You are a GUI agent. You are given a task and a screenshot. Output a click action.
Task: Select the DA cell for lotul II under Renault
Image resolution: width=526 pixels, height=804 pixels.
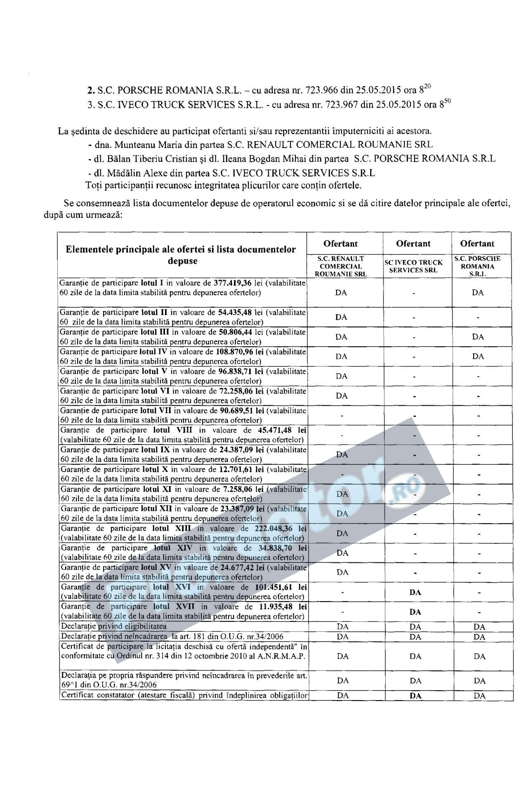pyautogui.click(x=341, y=317)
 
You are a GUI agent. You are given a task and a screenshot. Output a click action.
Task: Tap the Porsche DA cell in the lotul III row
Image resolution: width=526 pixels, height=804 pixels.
pyautogui.click(x=478, y=337)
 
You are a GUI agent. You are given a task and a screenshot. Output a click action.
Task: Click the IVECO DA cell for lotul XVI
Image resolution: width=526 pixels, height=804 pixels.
pyautogui.click(x=415, y=592)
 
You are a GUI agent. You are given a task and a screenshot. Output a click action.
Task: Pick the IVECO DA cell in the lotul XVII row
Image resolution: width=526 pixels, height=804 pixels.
pyautogui.click(x=415, y=612)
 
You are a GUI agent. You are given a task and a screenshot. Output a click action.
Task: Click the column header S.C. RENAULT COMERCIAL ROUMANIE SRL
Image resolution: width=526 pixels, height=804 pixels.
pyautogui.click(x=341, y=266)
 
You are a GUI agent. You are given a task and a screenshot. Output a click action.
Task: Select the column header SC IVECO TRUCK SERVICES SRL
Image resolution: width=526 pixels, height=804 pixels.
pyautogui.click(x=413, y=266)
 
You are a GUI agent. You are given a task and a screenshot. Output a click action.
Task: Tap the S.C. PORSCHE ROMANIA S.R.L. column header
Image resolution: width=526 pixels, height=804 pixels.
pyautogui.click(x=477, y=266)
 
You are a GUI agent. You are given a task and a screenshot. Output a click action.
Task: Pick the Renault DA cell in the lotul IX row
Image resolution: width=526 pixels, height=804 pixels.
pyautogui.click(x=342, y=454)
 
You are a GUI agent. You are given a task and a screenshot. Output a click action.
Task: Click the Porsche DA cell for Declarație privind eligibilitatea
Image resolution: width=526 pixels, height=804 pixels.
pyautogui.click(x=479, y=627)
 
